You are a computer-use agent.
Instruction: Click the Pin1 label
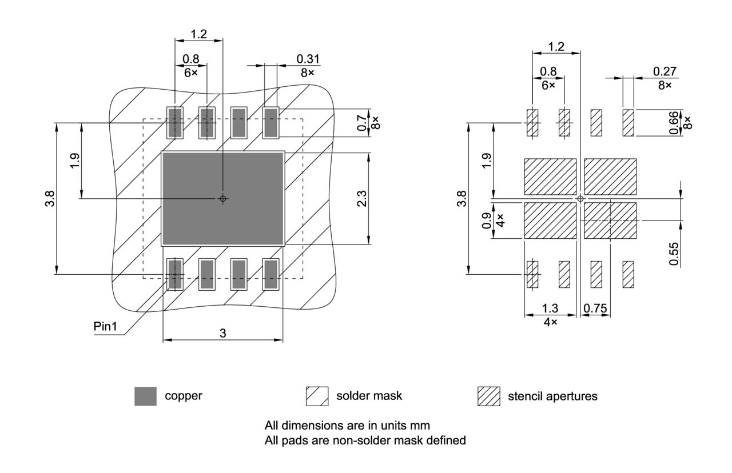click(105, 326)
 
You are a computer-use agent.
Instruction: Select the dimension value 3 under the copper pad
click(222, 333)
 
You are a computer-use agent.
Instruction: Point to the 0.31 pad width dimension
click(308, 59)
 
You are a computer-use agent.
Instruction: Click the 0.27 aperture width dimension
click(665, 71)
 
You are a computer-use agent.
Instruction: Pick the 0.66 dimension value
click(675, 122)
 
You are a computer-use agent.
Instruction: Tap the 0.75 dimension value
click(595, 308)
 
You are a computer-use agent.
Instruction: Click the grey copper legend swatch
click(145, 396)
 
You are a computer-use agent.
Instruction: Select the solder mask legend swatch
click(317, 396)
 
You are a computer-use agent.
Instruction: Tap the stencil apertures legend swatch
click(488, 396)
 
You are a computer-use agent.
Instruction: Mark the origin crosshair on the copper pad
click(223, 199)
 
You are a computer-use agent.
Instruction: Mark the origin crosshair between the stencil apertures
click(580, 199)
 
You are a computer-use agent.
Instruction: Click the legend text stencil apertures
click(552, 396)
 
